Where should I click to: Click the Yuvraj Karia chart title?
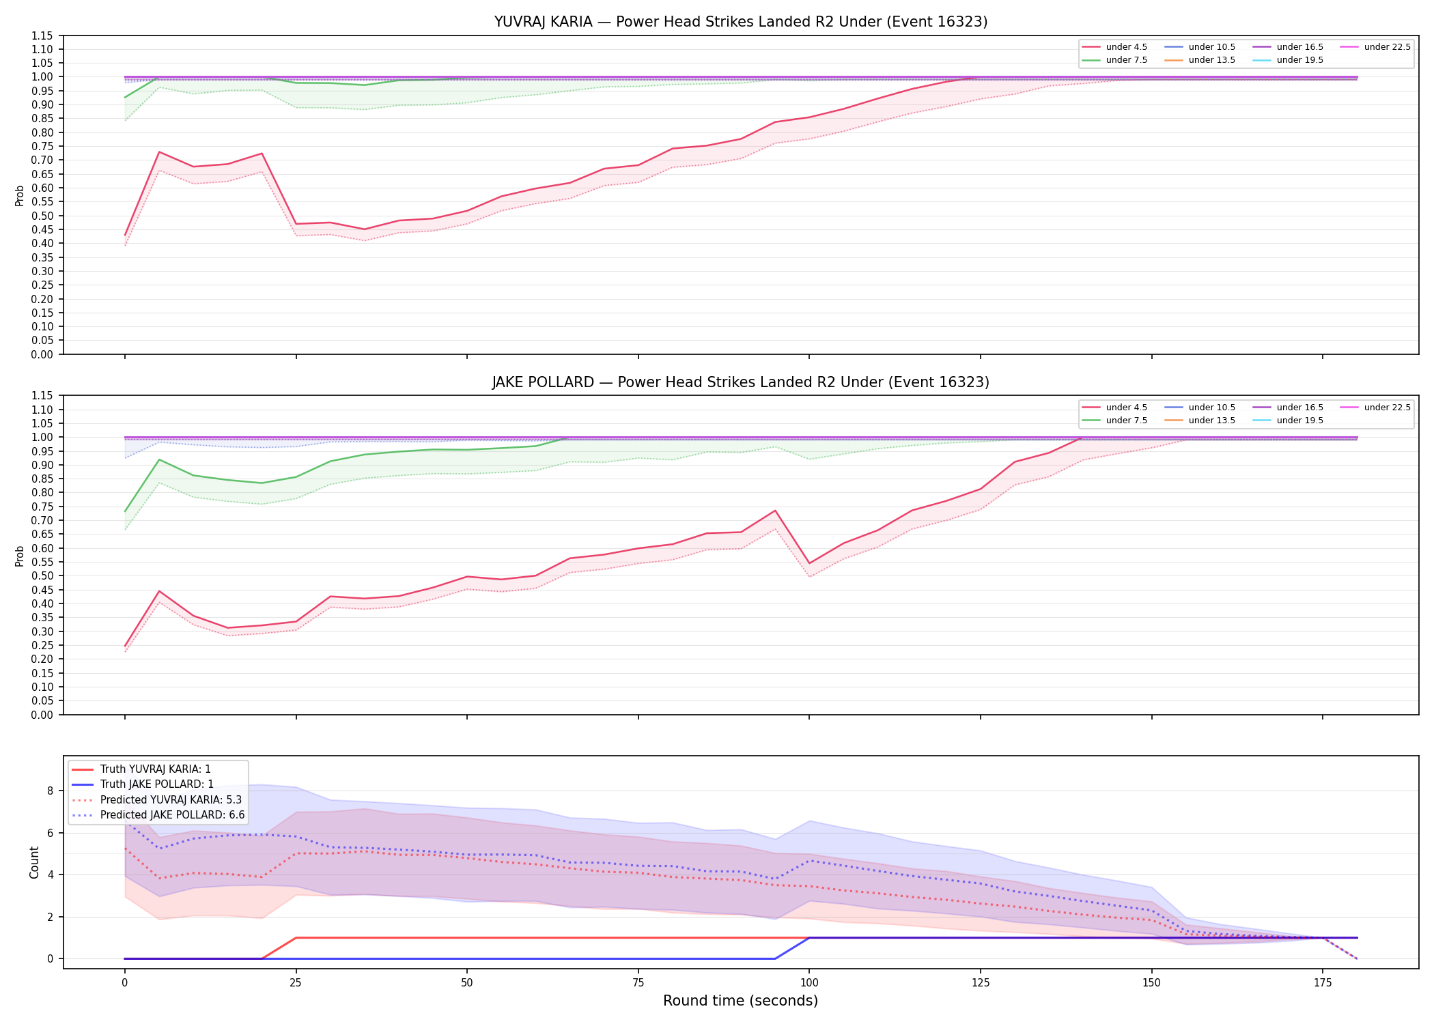741,22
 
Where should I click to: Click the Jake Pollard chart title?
741,382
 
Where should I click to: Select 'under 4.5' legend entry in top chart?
1115,47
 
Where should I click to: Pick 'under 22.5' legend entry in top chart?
1376,47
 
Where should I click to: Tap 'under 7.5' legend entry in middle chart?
1115,421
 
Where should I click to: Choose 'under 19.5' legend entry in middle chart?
1289,421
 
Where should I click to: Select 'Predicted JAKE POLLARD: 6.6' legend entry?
158,815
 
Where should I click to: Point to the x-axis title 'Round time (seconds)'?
740,1001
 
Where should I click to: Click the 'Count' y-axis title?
34,862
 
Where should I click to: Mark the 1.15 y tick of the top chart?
42,35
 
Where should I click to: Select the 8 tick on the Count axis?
50,791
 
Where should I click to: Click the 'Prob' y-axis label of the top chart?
20,195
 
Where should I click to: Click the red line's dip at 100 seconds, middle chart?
809,563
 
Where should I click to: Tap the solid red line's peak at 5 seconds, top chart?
159,152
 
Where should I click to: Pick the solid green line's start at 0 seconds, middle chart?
125,511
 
